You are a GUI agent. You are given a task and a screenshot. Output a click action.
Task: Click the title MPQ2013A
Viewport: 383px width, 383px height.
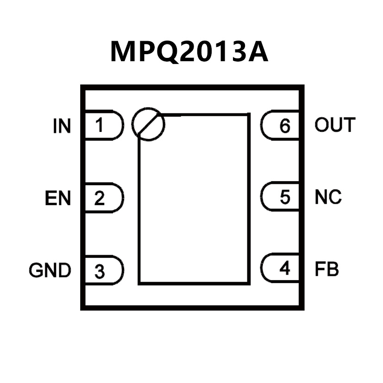coord(189,52)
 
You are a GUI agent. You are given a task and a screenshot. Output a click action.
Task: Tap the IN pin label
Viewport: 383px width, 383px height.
coord(62,126)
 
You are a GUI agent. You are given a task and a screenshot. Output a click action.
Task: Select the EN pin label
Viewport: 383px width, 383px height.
coord(58,199)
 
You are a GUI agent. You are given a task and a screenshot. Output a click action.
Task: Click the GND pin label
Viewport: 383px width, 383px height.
coord(50,270)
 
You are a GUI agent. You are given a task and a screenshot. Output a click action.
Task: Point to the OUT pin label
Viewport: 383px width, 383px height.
coord(335,125)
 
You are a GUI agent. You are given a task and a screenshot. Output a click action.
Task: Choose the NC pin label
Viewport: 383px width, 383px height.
coord(328,197)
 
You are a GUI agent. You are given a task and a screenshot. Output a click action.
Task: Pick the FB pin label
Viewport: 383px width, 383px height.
coord(326,269)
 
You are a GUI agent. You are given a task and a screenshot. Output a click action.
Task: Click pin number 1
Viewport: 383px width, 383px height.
coord(100,125)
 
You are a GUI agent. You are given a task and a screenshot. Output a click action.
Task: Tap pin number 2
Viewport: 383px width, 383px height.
coord(100,199)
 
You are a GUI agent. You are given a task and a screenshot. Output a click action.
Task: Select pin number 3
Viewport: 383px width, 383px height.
coord(100,271)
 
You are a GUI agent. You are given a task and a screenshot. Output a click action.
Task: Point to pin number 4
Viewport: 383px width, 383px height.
coord(285,268)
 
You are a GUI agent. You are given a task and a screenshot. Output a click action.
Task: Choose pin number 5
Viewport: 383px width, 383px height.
coord(285,197)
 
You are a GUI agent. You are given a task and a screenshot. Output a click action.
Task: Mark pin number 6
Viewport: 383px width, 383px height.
coord(285,126)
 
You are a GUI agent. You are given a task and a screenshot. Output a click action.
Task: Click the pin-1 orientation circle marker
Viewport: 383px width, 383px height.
coord(148,125)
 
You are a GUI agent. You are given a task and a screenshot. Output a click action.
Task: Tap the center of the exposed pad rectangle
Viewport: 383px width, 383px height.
coord(195,199)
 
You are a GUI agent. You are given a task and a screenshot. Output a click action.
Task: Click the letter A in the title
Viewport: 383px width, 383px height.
coord(256,52)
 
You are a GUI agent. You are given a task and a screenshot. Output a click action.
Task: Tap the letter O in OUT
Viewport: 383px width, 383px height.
coord(322,125)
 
